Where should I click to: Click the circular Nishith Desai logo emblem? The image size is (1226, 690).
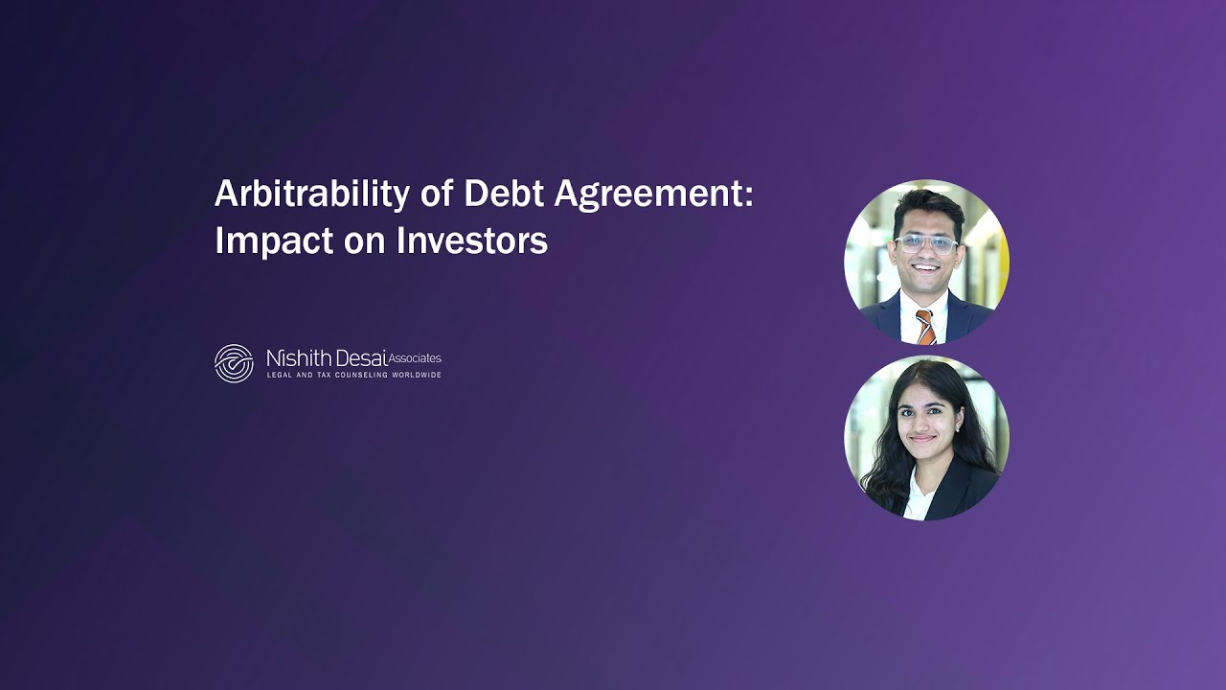click(x=234, y=363)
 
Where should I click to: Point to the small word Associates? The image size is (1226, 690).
click(x=415, y=358)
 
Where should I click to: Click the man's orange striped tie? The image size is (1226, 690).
click(x=924, y=327)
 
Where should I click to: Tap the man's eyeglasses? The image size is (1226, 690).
click(x=925, y=243)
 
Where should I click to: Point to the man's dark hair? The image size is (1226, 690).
click(x=927, y=204)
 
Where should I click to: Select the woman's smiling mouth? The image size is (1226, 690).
click(x=921, y=441)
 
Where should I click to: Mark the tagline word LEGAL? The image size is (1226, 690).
click(x=279, y=375)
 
